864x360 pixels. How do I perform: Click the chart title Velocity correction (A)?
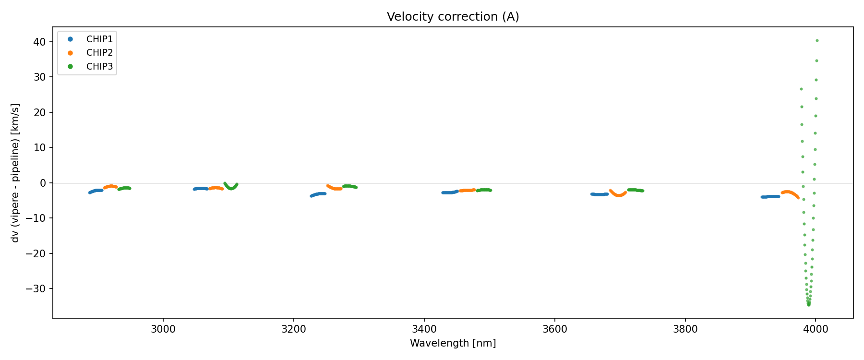click(x=453, y=17)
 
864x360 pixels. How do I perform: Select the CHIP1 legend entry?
click(x=99, y=39)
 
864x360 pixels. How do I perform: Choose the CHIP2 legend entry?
click(x=99, y=53)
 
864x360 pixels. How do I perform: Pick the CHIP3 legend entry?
click(x=99, y=67)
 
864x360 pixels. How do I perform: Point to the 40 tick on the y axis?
click(x=40, y=42)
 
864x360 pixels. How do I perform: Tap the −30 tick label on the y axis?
click(x=36, y=289)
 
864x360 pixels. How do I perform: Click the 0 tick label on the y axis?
click(x=43, y=183)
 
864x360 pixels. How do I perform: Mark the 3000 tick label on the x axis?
click(x=163, y=329)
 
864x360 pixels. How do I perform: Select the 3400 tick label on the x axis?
click(x=424, y=329)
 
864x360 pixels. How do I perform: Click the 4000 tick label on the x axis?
click(x=816, y=329)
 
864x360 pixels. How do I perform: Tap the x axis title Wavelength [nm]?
click(x=453, y=343)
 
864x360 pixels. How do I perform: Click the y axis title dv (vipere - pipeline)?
click(x=15, y=173)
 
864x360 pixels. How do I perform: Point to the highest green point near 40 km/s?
click(x=817, y=41)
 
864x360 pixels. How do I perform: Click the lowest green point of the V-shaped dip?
click(x=809, y=304)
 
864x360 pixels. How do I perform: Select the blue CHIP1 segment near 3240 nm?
click(x=318, y=194)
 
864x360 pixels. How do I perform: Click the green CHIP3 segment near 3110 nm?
click(x=231, y=188)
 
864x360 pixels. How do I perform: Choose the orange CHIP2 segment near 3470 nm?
click(x=467, y=191)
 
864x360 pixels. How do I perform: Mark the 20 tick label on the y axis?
click(x=40, y=112)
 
